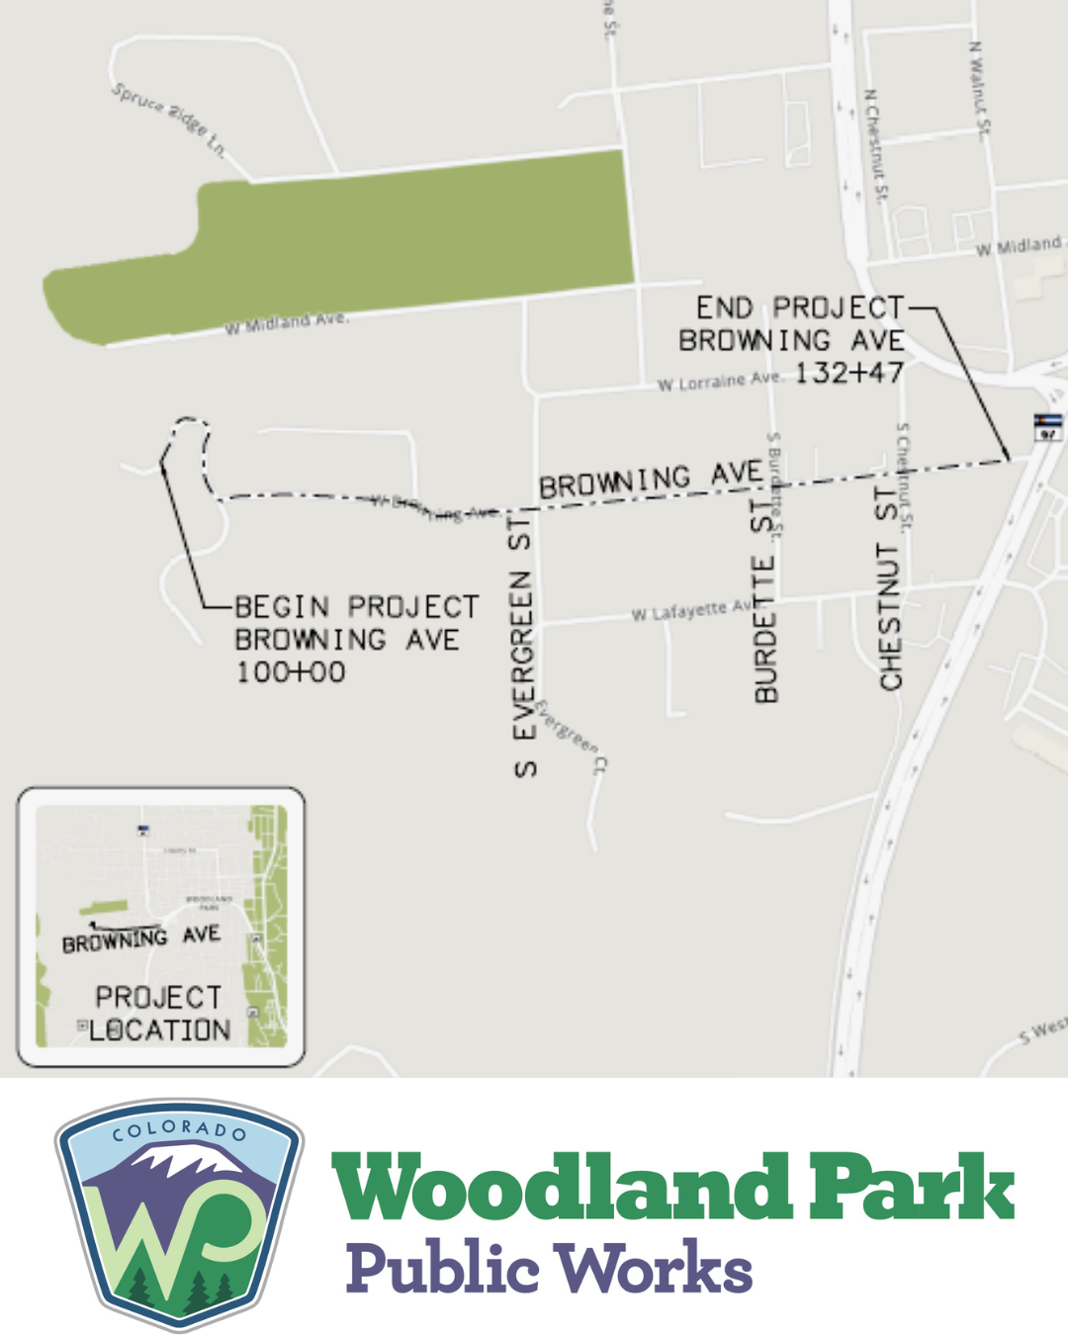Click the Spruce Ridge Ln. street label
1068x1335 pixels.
click(169, 121)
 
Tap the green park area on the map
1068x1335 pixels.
click(396, 237)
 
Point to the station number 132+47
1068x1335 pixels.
click(848, 374)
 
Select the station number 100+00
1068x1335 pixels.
click(291, 672)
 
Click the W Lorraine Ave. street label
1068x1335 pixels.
click(720, 381)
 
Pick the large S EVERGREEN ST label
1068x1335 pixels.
click(523, 643)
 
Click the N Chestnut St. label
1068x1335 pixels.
click(876, 144)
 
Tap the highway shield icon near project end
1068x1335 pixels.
click(1048, 427)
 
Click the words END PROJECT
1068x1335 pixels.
click(799, 309)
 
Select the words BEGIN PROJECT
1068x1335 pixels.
click(357, 606)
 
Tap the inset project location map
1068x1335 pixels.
click(160, 927)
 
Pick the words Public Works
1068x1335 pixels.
click(550, 1267)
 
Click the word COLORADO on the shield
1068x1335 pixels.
click(179, 1129)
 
